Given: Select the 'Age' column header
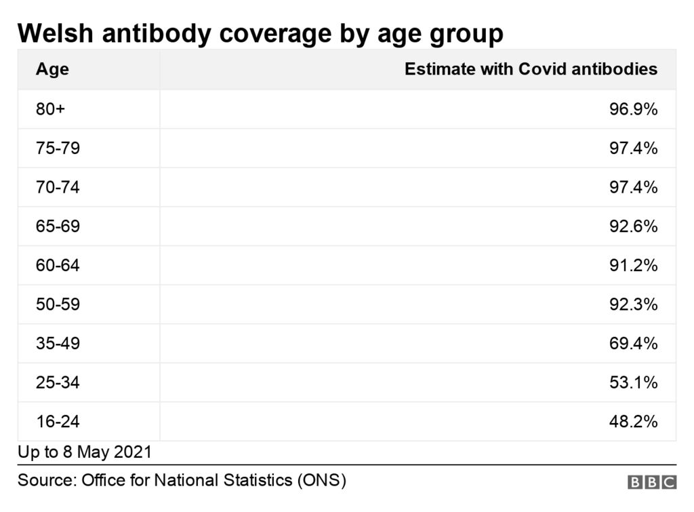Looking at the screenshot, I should pos(52,69).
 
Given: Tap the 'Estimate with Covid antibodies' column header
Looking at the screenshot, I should pos(531,69).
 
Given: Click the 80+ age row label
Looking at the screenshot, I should pos(51,109).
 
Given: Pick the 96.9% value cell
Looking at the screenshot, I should pos(633,109).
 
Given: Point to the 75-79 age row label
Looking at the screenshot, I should pos(58,149).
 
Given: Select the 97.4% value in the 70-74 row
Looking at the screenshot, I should pos(633,187).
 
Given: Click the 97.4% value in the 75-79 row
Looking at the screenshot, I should pos(633,149).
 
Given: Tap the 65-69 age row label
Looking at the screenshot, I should pos(58,227).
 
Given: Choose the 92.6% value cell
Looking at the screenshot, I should pos(633,227).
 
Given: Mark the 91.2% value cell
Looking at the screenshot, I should pos(633,266).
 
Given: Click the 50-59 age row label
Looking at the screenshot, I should pos(58,304).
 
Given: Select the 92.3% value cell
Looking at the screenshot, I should pos(633,304).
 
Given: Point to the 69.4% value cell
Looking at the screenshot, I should pos(633,344).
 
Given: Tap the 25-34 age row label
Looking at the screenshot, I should pos(58,382).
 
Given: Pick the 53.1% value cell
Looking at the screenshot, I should pos(633,382).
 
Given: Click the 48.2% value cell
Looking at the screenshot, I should pos(633,422).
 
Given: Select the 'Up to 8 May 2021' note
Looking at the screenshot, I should pos(85,452).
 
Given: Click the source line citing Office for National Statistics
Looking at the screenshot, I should pos(182,481).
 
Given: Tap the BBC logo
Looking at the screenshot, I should pos(652,482).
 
